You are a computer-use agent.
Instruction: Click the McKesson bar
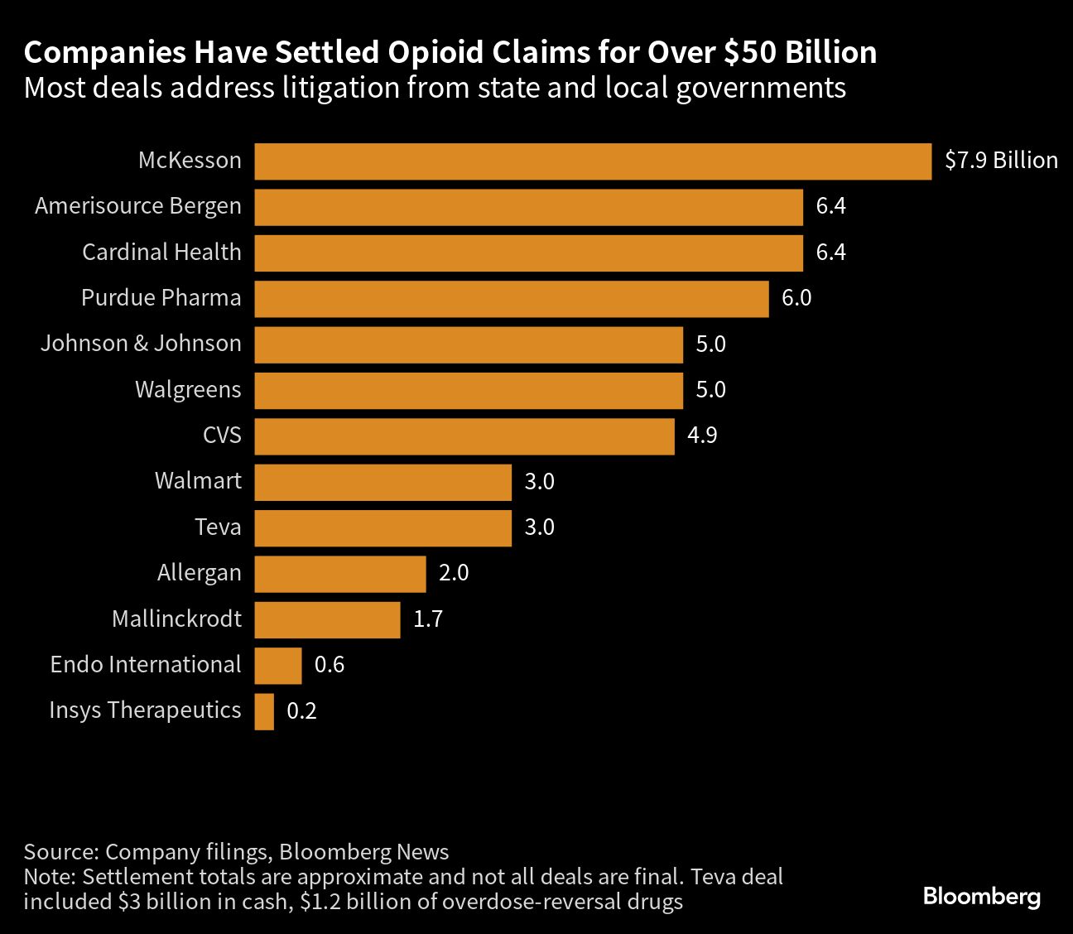click(x=593, y=161)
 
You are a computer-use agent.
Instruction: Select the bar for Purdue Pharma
click(x=512, y=299)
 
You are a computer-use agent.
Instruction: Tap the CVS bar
click(x=464, y=436)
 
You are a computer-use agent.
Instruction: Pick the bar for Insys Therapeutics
click(x=264, y=711)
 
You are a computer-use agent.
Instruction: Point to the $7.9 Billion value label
click(x=1001, y=161)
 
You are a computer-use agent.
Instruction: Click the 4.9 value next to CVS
click(x=702, y=436)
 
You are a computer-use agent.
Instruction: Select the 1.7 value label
click(x=428, y=619)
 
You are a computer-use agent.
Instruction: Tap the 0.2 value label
click(x=301, y=711)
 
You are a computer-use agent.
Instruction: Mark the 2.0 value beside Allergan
click(x=454, y=573)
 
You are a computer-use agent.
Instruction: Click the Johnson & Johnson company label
click(x=141, y=344)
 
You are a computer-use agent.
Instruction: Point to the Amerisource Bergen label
click(x=138, y=206)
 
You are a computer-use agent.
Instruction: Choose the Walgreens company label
click(x=188, y=390)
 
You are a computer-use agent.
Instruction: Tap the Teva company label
click(x=218, y=527)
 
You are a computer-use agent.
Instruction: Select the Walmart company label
click(x=198, y=481)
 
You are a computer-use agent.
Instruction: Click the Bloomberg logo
click(x=981, y=897)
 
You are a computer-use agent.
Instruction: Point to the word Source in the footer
click(x=60, y=852)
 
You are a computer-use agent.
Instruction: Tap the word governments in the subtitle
click(x=761, y=88)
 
